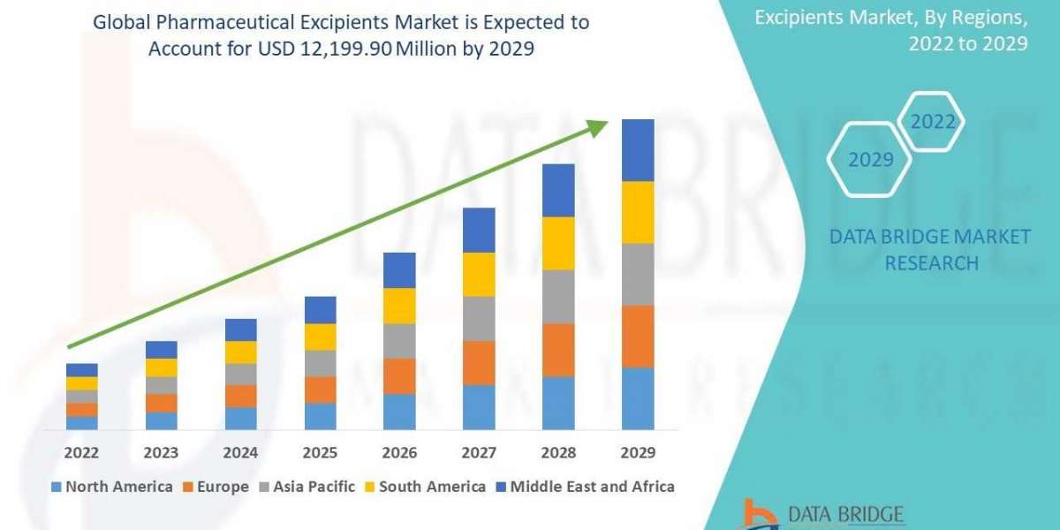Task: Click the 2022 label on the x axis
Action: (82, 452)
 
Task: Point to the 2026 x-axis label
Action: (399, 452)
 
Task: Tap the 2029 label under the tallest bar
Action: (638, 452)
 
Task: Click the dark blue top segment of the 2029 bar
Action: (638, 150)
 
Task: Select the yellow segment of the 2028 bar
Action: (558, 243)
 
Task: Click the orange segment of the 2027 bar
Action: (479, 362)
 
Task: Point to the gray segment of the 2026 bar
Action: (399, 340)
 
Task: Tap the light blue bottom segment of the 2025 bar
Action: (320, 416)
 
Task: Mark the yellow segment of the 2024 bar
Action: (241, 352)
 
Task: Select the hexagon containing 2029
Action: (869, 160)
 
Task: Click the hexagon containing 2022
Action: (931, 122)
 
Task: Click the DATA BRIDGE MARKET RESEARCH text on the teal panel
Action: (930, 249)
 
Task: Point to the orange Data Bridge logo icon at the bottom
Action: (758, 514)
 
